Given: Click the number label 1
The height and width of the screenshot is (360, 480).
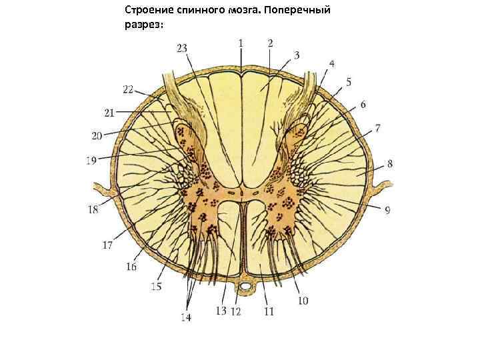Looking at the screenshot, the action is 240,42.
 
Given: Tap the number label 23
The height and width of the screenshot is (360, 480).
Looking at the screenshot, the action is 182,48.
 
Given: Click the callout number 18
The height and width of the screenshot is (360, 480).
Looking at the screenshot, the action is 93,209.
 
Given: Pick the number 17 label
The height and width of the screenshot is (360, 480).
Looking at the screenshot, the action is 107,245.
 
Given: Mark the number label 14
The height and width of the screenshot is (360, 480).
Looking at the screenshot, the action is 185,318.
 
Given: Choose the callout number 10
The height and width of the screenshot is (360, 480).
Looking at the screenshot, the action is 303,301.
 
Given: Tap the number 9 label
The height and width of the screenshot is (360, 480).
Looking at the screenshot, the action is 387,211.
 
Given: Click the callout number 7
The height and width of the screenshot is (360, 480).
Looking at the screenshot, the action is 377,127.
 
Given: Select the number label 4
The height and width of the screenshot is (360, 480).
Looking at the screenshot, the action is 331,64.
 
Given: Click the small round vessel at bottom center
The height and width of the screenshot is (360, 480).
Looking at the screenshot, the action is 247,287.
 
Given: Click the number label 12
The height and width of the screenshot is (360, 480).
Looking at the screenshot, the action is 235,311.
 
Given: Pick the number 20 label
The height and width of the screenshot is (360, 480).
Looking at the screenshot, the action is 97,136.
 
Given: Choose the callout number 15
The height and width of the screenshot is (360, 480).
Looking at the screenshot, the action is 156,287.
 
